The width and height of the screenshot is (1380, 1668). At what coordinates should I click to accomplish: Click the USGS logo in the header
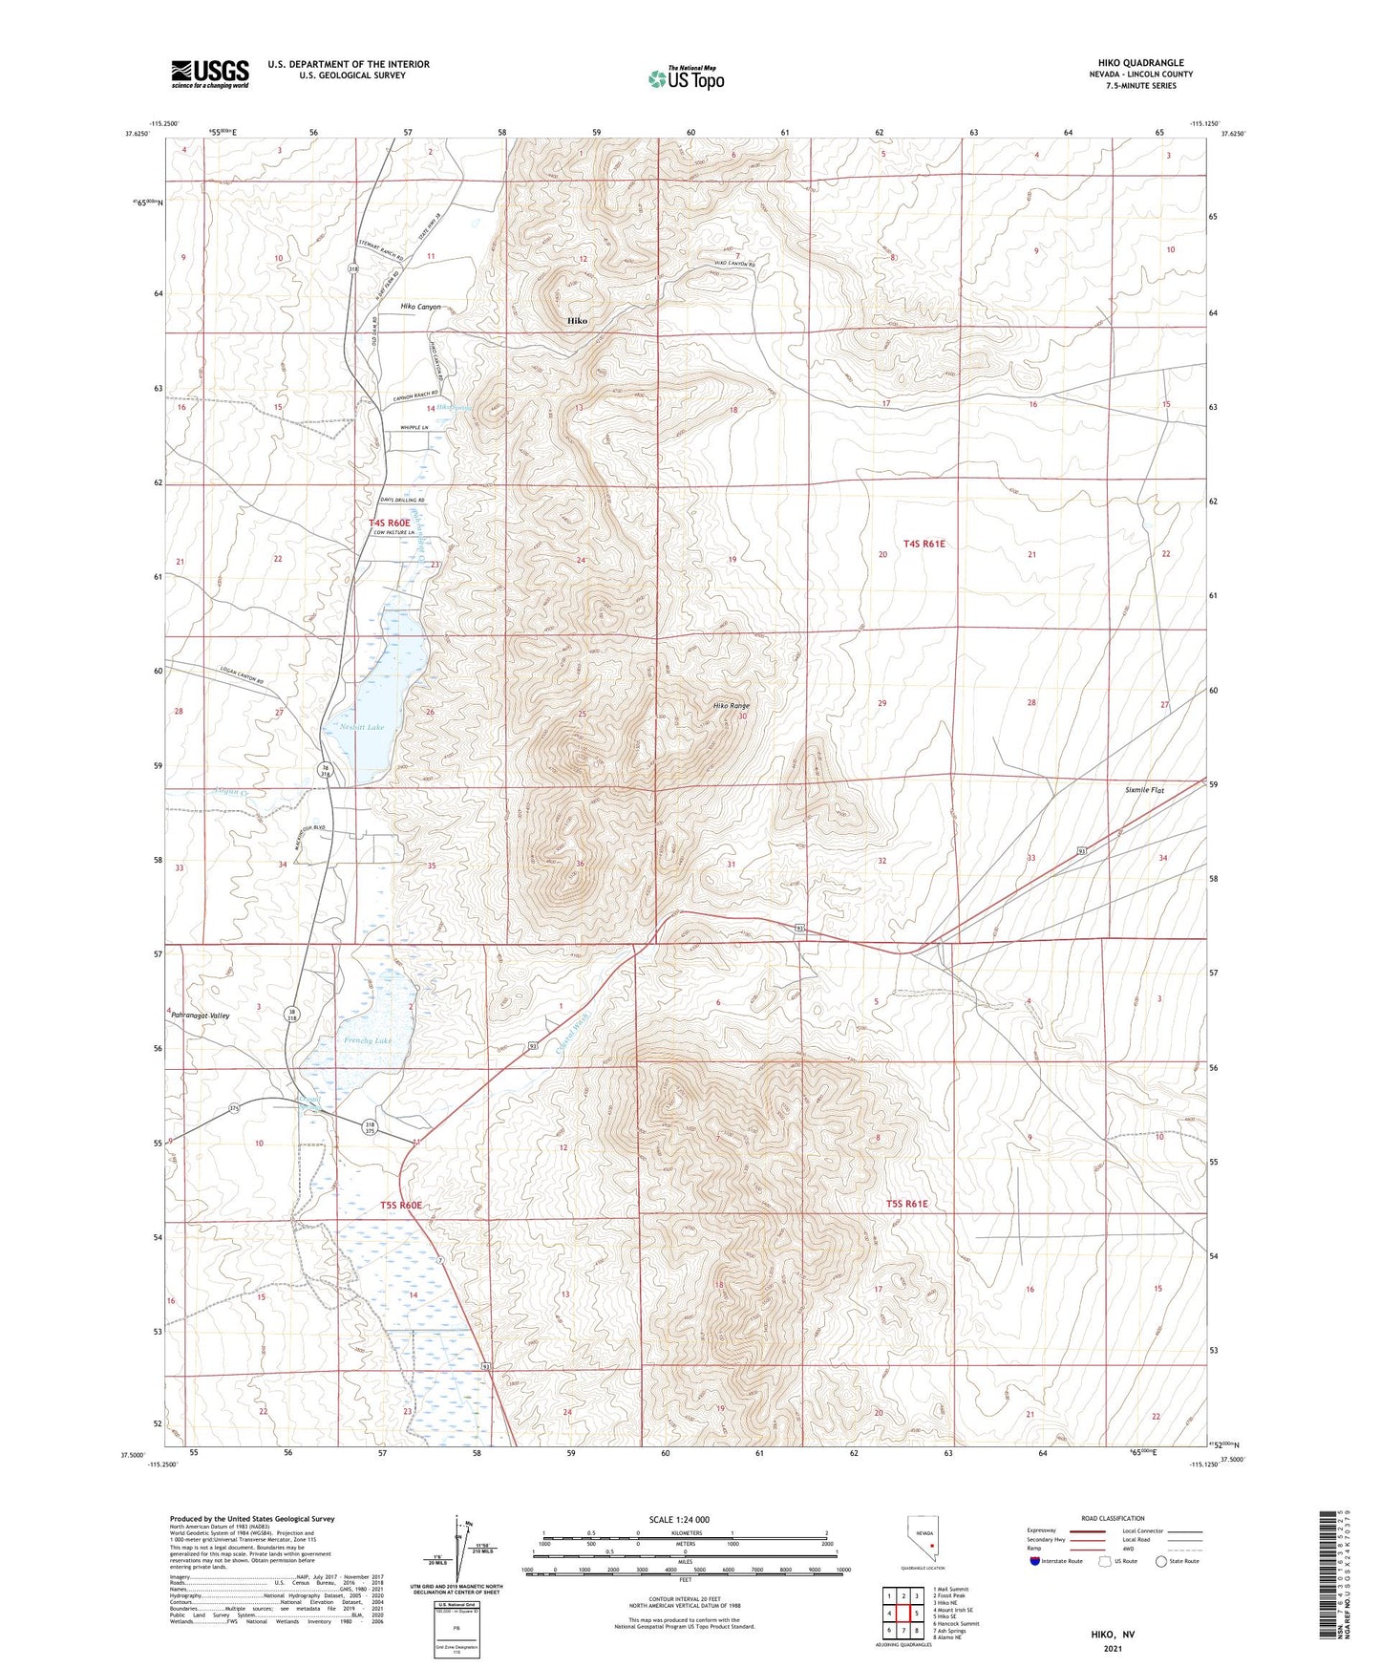(x=210, y=74)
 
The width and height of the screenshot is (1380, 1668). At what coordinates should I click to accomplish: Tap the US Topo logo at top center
(x=686, y=78)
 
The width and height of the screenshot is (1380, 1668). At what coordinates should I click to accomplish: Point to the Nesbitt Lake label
(x=361, y=728)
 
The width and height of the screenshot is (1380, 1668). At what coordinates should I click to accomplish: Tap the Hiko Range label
(x=731, y=706)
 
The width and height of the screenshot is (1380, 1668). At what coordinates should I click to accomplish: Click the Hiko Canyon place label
(x=420, y=307)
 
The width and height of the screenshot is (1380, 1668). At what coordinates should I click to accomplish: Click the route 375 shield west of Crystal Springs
(x=234, y=1108)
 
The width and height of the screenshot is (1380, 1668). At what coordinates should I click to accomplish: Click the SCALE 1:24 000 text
(x=679, y=1520)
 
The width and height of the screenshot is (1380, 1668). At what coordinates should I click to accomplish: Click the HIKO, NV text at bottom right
(x=1113, y=1635)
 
